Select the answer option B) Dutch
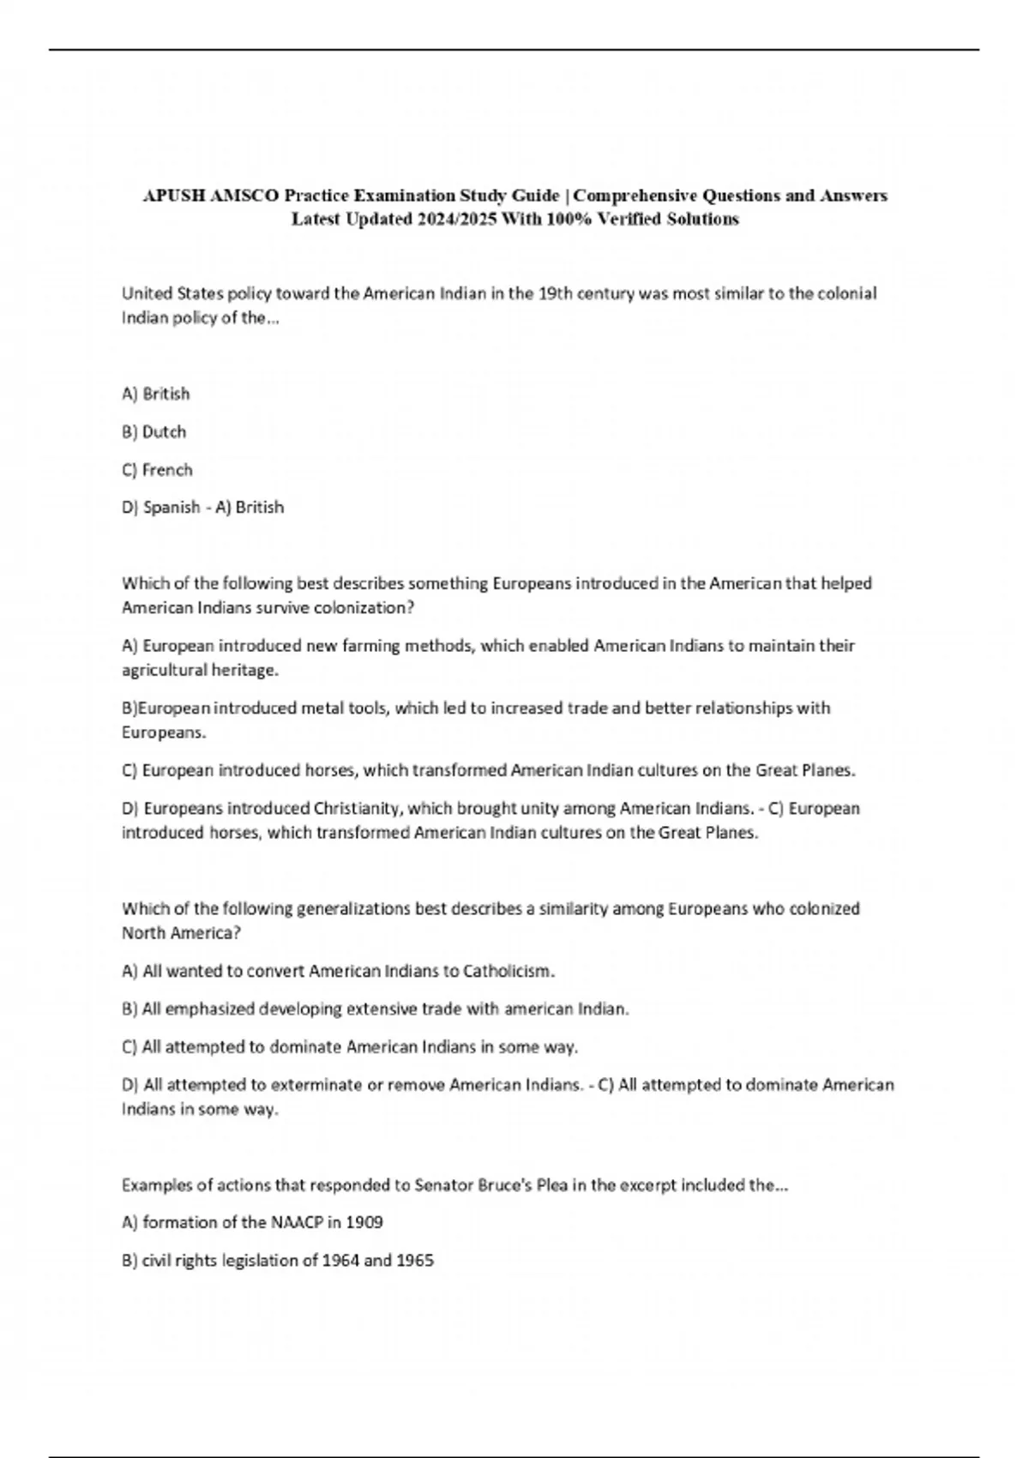click(x=154, y=431)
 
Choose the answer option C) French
click(x=158, y=470)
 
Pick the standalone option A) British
click(x=156, y=394)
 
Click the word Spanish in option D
click(x=171, y=508)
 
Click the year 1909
click(x=364, y=1222)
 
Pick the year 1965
click(x=415, y=1261)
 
